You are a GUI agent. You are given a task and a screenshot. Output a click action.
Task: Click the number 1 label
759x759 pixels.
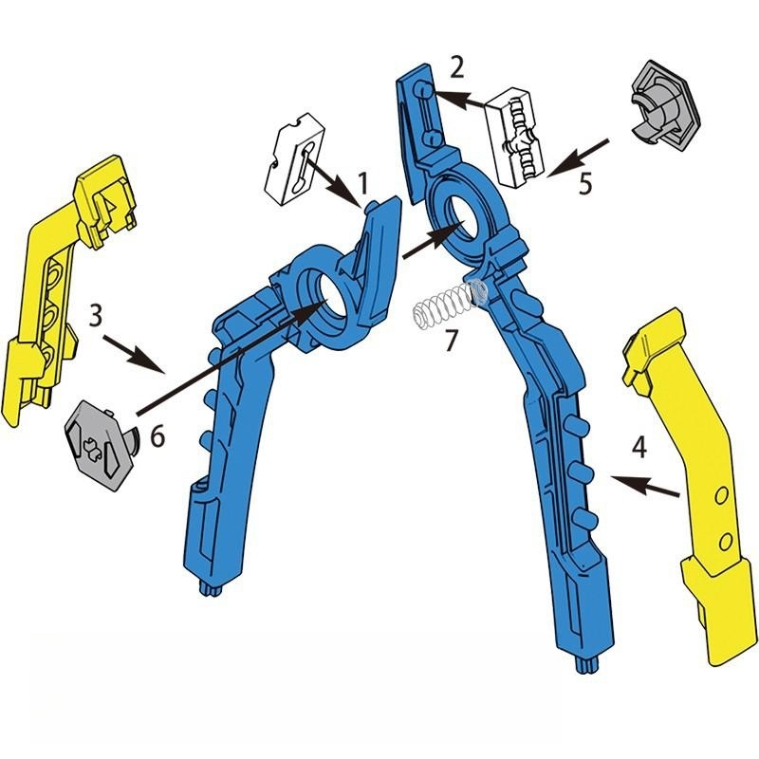coord(362,183)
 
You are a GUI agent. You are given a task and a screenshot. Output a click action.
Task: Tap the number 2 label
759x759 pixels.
coord(456,67)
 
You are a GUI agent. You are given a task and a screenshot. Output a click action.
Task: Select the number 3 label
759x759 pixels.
coord(96,316)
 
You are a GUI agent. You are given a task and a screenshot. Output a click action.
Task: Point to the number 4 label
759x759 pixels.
coord(639,447)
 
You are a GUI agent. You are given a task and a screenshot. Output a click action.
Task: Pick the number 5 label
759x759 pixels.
coord(585,183)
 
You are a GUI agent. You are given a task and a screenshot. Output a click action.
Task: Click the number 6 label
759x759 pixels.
coord(157,437)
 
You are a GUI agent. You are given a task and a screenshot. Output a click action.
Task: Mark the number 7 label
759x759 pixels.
coord(451,340)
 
